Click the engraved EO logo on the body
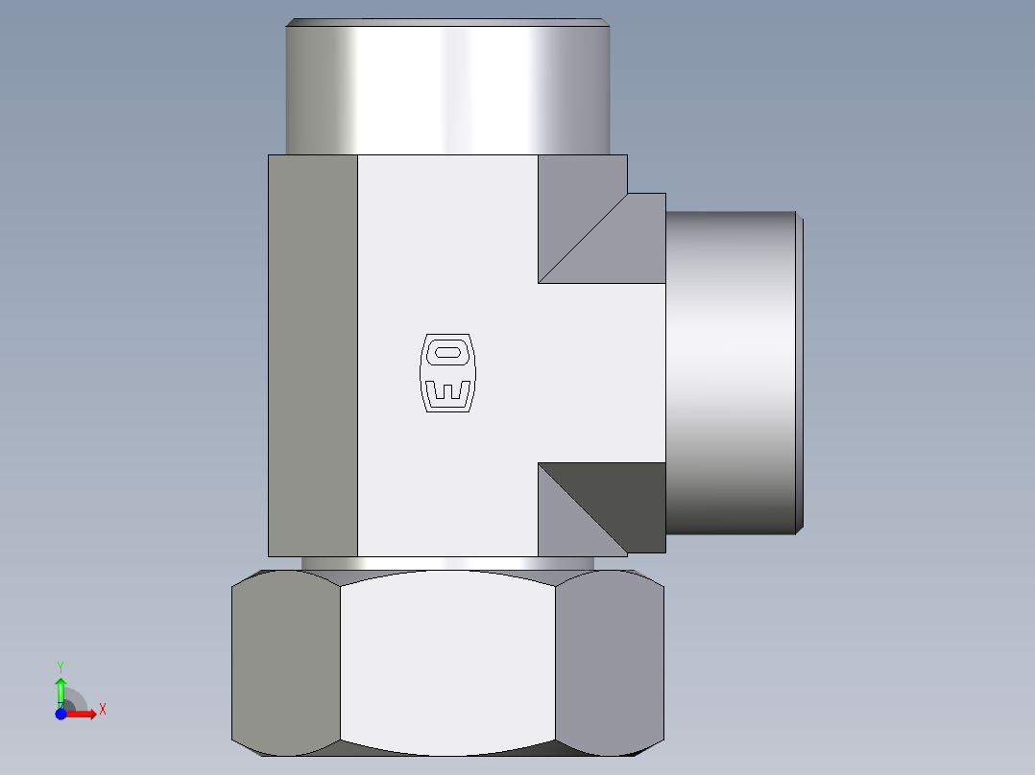pyautogui.click(x=447, y=373)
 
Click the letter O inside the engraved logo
pyautogui.click(x=447, y=353)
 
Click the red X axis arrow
pyautogui.click(x=83, y=714)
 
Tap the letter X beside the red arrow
pyautogui.click(x=102, y=710)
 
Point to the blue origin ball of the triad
pyautogui.click(x=60, y=714)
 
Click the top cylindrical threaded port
pyautogui.click(x=448, y=89)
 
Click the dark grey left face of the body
pyautogui.click(x=313, y=355)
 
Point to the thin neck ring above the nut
pyautogui.click(x=448, y=563)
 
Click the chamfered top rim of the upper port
pyautogui.click(x=448, y=21)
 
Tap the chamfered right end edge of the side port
pyautogui.click(x=800, y=372)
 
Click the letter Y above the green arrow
pyautogui.click(x=60, y=665)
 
